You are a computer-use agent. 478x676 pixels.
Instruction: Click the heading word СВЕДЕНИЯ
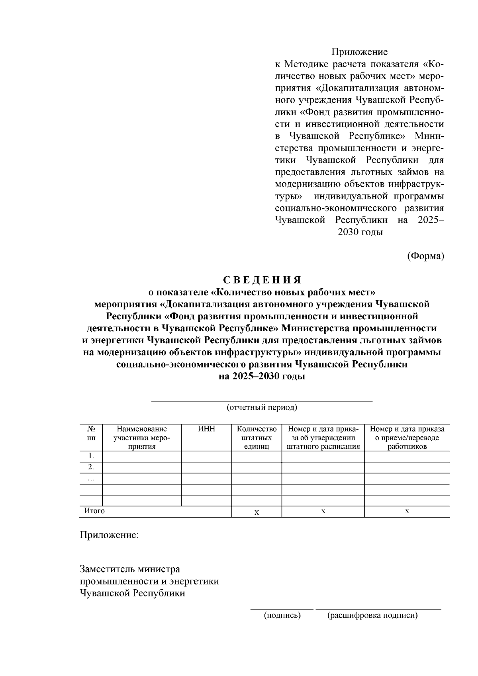(x=262, y=280)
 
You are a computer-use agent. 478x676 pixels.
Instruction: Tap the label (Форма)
(x=425, y=256)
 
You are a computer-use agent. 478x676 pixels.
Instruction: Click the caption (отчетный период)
(x=262, y=407)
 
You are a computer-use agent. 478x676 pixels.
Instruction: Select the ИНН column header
(x=206, y=429)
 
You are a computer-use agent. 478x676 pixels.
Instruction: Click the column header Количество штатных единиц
(x=257, y=438)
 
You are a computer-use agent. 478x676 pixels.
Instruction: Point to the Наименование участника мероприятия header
(x=142, y=438)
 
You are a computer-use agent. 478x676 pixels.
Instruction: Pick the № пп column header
(x=91, y=433)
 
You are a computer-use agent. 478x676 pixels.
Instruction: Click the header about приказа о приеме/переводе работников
(x=407, y=438)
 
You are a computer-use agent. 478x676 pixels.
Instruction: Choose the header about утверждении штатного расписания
(x=323, y=438)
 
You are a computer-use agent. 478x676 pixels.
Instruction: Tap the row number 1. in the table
(x=91, y=456)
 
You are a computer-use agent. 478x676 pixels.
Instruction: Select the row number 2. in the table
(x=91, y=467)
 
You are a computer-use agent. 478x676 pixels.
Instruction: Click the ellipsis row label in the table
(x=91, y=478)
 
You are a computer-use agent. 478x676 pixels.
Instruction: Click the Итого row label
(x=94, y=511)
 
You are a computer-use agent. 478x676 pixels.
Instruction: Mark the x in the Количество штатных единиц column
(x=257, y=512)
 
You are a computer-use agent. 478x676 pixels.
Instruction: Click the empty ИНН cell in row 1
(x=206, y=456)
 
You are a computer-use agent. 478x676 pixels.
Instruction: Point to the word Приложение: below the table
(x=110, y=535)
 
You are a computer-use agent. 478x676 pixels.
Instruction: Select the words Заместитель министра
(x=130, y=569)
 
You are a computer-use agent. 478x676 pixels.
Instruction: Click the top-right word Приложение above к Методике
(x=359, y=52)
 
